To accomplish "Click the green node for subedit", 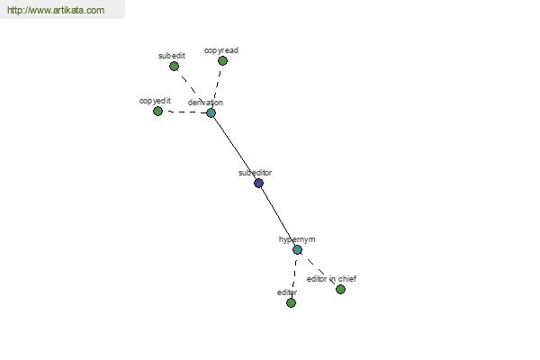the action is [x=175, y=66].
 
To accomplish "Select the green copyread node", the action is [x=223, y=61].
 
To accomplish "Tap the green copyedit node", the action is [x=157, y=112].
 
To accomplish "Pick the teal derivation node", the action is [x=211, y=112].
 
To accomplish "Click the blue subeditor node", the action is [x=259, y=184].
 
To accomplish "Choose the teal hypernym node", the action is [x=298, y=250].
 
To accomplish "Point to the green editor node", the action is [x=292, y=302].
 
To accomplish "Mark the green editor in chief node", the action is [x=340, y=290].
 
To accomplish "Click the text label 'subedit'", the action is [x=172, y=56].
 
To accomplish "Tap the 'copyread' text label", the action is [x=221, y=50].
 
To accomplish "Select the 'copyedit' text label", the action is [x=155, y=101].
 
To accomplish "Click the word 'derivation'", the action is [x=205, y=103].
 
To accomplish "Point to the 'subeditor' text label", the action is [x=256, y=173].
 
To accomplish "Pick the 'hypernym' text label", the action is [x=297, y=239].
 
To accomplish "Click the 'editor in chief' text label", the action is [x=331, y=279].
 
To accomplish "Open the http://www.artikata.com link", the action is [x=56, y=10].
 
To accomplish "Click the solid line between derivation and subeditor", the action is [x=235, y=148].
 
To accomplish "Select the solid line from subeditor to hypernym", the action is [x=278, y=216].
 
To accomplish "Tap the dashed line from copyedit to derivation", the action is [x=184, y=112].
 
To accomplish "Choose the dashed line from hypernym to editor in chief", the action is [x=319, y=270].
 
